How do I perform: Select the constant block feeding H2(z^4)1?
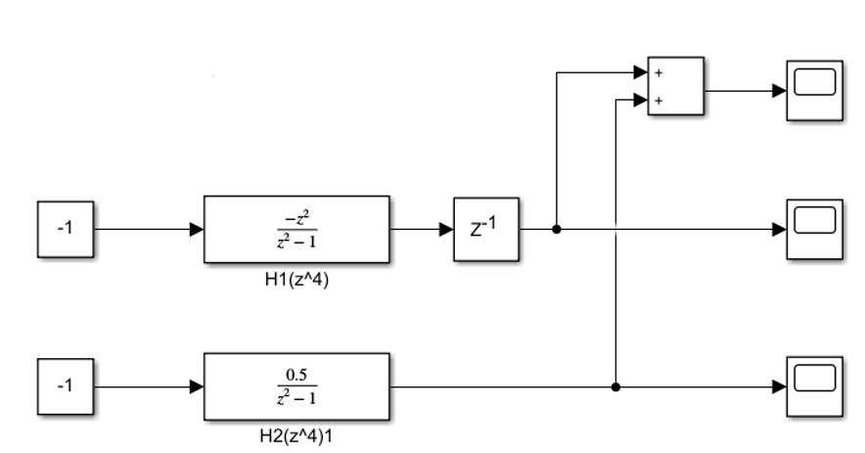(65, 386)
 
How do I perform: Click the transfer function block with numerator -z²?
(296, 229)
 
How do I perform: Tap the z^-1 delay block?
(486, 229)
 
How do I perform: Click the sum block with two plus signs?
(676, 86)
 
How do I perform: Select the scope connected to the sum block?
(814, 90)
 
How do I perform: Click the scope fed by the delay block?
(814, 228)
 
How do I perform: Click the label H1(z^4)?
(296, 277)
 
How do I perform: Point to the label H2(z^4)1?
(296, 435)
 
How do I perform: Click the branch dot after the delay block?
(557, 229)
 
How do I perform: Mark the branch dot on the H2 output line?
(615, 386)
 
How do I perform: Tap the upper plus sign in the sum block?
(658, 72)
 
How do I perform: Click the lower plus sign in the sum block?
(658, 99)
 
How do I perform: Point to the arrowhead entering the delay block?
(447, 229)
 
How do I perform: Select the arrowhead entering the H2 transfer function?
(197, 386)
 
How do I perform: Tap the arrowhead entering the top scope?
(780, 90)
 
